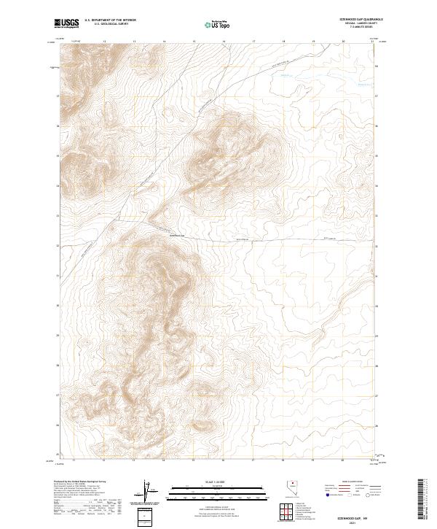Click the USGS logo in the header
[67, 23]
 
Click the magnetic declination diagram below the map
[146, 493]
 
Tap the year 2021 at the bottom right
[353, 522]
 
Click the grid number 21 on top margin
[372, 42]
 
